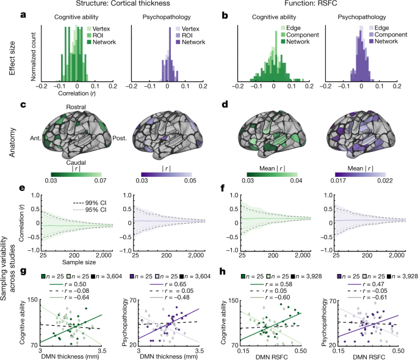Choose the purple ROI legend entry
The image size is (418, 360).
pos(184,36)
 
